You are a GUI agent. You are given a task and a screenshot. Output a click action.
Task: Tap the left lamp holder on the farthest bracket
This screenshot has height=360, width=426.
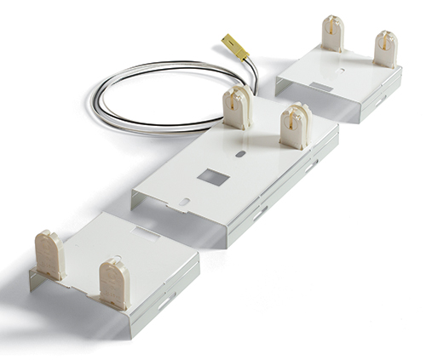(332, 34)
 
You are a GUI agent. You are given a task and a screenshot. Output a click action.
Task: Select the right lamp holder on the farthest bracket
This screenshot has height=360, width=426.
(385, 48)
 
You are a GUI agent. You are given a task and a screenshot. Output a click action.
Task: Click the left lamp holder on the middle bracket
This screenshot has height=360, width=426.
(238, 107)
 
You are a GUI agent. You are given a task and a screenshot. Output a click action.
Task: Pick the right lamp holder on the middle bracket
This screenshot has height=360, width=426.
(295, 125)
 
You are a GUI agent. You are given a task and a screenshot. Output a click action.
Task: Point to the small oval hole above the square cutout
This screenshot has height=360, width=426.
(241, 155)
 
